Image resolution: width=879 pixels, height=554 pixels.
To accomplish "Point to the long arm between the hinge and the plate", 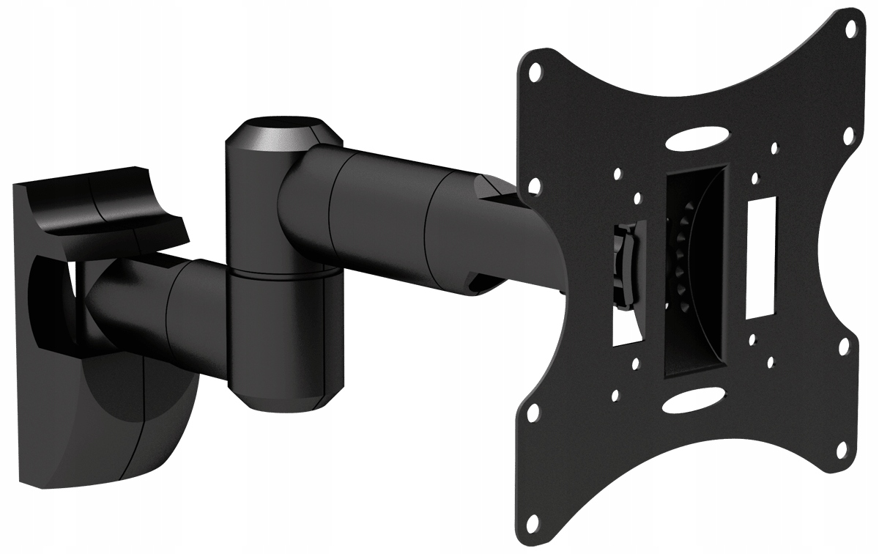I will pos(410,213).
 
